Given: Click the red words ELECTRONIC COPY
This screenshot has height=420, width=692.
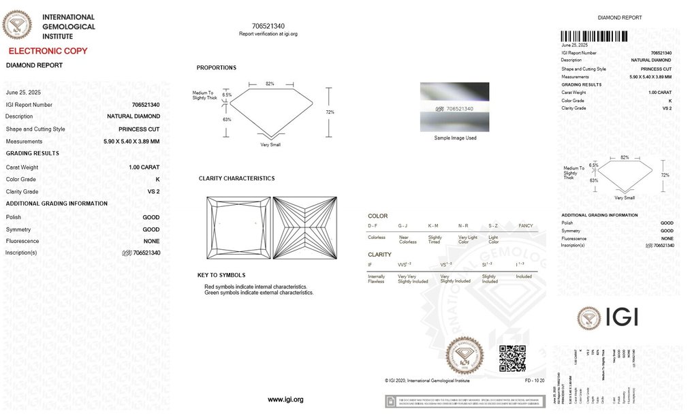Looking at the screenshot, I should pyautogui.click(x=48, y=51).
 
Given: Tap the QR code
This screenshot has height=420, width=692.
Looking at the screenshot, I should pyautogui.click(x=512, y=358).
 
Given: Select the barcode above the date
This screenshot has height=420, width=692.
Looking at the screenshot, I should pyautogui.click(x=595, y=36).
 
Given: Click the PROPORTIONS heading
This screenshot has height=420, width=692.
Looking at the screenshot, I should pyautogui.click(x=217, y=68).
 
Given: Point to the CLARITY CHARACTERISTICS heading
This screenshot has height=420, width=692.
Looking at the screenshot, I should pyautogui.click(x=236, y=178).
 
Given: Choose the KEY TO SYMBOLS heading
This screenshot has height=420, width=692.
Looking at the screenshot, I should pyautogui.click(x=221, y=275).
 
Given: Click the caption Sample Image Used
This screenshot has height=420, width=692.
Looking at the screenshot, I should pyautogui.click(x=455, y=138).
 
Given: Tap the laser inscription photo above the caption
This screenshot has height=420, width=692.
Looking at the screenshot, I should pyautogui.click(x=454, y=107).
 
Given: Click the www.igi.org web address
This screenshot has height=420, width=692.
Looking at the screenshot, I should pyautogui.click(x=285, y=400).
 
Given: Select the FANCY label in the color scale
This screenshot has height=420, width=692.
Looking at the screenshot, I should pyautogui.click(x=526, y=225).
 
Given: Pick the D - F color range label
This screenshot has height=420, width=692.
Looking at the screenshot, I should pyautogui.click(x=373, y=225).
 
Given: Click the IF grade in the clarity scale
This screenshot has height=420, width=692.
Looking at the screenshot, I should pyautogui.click(x=370, y=264).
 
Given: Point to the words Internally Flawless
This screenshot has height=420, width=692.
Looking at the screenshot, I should pyautogui.click(x=376, y=279).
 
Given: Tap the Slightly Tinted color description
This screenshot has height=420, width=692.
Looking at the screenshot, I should pyautogui.click(x=435, y=240).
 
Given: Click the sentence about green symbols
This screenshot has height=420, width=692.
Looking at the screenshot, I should pyautogui.click(x=259, y=293).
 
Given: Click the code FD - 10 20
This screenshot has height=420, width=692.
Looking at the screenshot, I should pyautogui.click(x=535, y=380).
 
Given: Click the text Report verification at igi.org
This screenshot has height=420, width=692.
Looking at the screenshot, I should pyautogui.click(x=268, y=33).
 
